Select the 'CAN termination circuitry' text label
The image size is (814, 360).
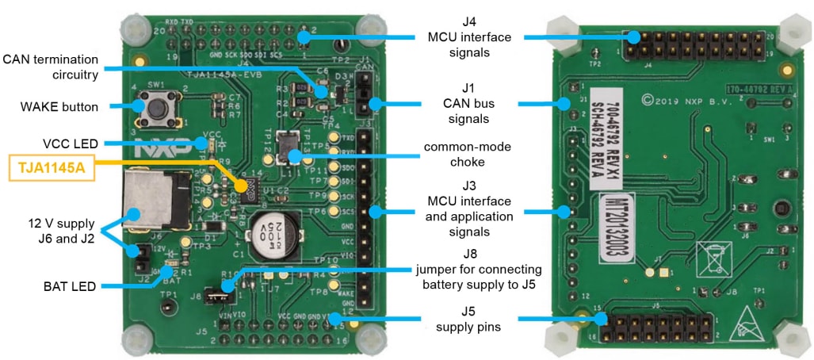[50, 67]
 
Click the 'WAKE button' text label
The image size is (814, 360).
[59, 106]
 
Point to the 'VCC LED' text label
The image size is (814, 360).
[70, 144]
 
